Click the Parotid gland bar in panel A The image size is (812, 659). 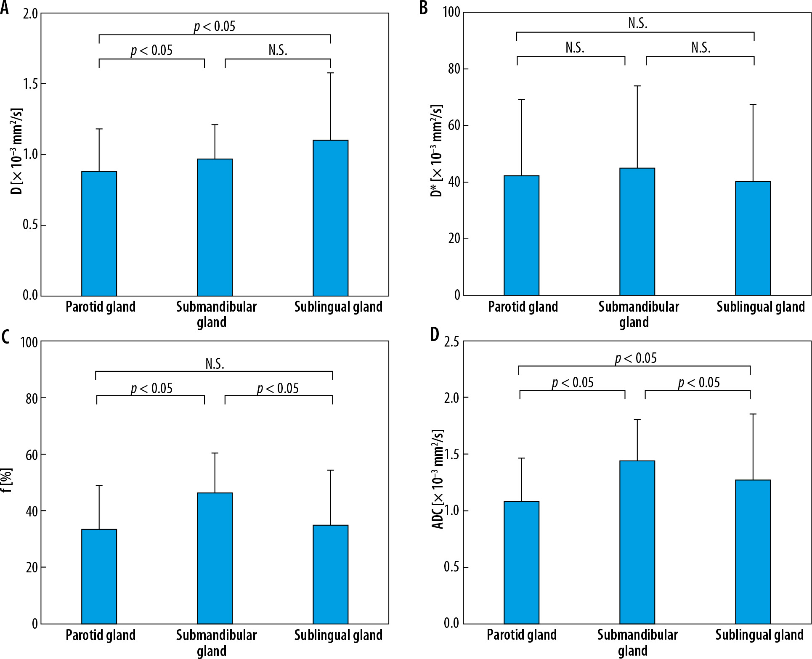[99, 233]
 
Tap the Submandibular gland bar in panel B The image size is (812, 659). [637, 232]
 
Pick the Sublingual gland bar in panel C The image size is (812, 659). [330, 574]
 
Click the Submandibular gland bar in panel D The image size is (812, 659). [637, 542]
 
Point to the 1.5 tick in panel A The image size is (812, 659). [30, 84]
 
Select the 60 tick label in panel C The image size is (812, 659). [32, 455]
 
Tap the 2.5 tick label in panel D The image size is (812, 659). [451, 341]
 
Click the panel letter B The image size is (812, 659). [424, 8]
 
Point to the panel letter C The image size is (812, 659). [5, 337]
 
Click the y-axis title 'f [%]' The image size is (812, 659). [7, 482]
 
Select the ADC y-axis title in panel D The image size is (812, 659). [438, 479]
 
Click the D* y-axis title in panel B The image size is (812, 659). [437, 151]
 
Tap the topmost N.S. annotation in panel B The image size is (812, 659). [638, 24]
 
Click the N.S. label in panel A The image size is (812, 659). [278, 50]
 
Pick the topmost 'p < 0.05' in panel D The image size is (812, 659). [635, 359]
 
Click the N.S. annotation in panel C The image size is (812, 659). [215, 364]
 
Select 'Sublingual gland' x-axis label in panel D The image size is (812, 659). [759, 635]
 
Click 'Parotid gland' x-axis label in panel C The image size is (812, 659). [101, 635]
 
